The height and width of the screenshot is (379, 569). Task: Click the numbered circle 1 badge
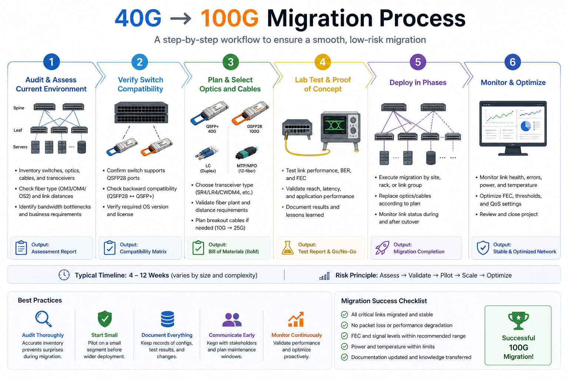(x=51, y=62)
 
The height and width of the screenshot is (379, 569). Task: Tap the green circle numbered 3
(x=230, y=62)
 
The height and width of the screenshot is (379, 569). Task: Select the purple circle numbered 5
(x=418, y=62)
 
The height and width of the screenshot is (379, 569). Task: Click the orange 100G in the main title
(x=229, y=18)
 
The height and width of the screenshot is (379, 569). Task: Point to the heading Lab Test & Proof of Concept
(x=323, y=84)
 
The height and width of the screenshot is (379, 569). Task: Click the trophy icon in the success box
(x=518, y=321)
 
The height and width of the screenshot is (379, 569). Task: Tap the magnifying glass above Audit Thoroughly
(x=43, y=319)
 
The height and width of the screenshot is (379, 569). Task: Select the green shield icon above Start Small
(x=105, y=319)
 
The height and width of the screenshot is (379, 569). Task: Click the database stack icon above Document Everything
(x=167, y=319)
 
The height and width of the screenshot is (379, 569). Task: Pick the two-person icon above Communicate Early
(x=232, y=319)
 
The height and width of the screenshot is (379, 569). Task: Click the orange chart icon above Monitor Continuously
(x=296, y=319)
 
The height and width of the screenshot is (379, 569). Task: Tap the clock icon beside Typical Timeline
(x=64, y=275)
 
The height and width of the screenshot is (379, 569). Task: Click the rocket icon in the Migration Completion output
(x=382, y=248)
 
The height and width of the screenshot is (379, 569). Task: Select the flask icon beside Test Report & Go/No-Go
(x=287, y=248)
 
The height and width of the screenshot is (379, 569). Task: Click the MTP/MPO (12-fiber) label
(x=247, y=168)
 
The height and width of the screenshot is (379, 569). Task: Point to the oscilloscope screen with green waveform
(x=335, y=125)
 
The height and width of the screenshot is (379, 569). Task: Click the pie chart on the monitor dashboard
(x=526, y=126)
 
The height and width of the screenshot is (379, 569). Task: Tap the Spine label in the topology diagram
(x=19, y=108)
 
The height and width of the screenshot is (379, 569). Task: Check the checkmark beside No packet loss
(x=345, y=325)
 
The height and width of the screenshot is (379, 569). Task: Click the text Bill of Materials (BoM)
(x=233, y=252)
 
